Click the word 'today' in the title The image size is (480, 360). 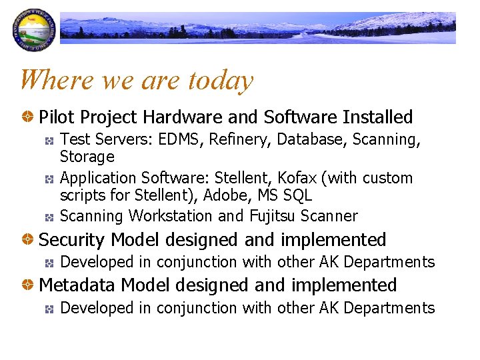[x=221, y=81]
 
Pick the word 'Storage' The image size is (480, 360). [x=87, y=157]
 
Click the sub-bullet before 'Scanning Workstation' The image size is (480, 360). [x=49, y=217]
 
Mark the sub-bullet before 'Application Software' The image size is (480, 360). [x=49, y=179]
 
